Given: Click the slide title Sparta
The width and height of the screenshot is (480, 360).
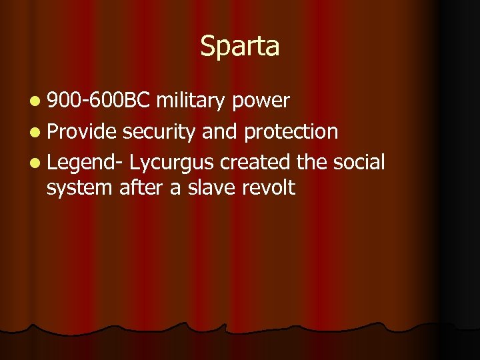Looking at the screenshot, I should tap(240, 47).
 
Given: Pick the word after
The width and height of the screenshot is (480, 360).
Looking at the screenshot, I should tap(141, 188).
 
